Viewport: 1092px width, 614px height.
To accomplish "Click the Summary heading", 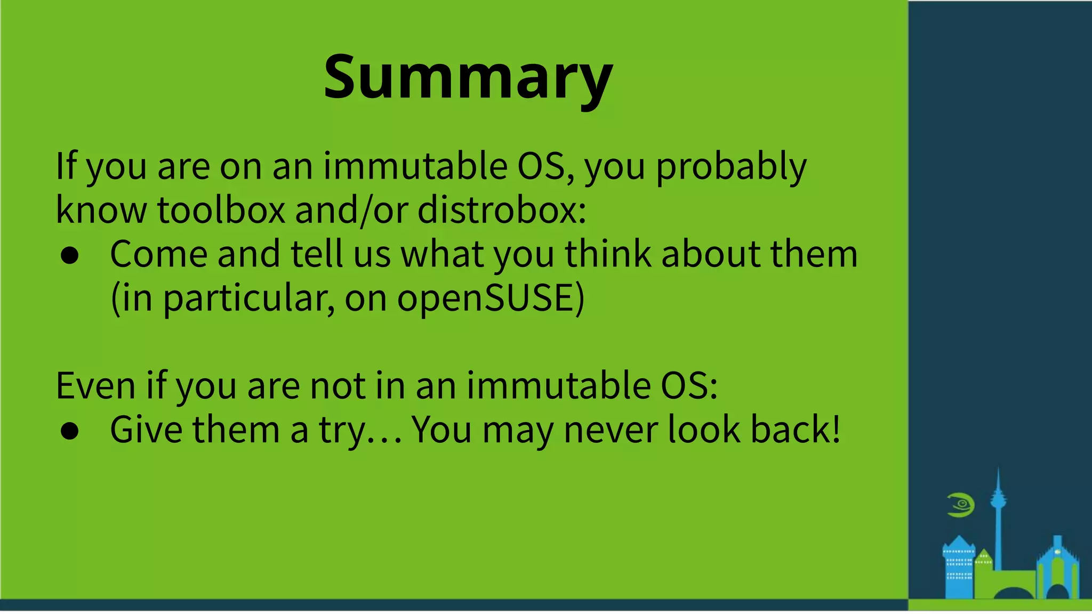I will point(468,77).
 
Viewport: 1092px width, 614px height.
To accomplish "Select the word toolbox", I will point(221,209).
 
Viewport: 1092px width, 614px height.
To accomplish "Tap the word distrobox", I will point(501,209).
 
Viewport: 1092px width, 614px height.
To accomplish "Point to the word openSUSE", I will point(491,298).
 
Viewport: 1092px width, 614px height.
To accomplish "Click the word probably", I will point(730,167).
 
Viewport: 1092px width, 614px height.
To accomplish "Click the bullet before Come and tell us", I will point(70,255).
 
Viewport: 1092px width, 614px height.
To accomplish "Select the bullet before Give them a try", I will point(70,431).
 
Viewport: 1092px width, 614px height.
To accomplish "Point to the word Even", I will point(95,385).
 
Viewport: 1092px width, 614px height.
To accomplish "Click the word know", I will point(101,209).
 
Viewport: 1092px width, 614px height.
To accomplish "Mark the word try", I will point(342,431).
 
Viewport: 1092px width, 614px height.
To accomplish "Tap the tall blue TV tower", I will point(998,512).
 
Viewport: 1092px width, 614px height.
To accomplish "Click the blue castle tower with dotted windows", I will point(959,568).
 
